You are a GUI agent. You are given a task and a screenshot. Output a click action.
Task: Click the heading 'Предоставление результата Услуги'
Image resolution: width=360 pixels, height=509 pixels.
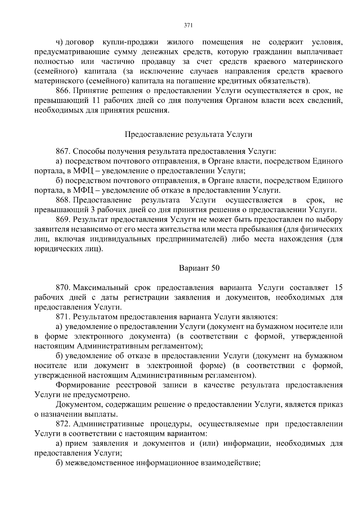(188, 134)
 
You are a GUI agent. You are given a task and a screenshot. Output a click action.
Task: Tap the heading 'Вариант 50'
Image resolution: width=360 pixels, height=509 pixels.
(199, 268)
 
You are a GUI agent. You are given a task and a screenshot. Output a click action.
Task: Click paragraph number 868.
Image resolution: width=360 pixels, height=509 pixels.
(63, 200)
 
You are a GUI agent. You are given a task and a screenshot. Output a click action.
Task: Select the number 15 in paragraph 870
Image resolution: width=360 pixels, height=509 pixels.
(338, 288)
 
